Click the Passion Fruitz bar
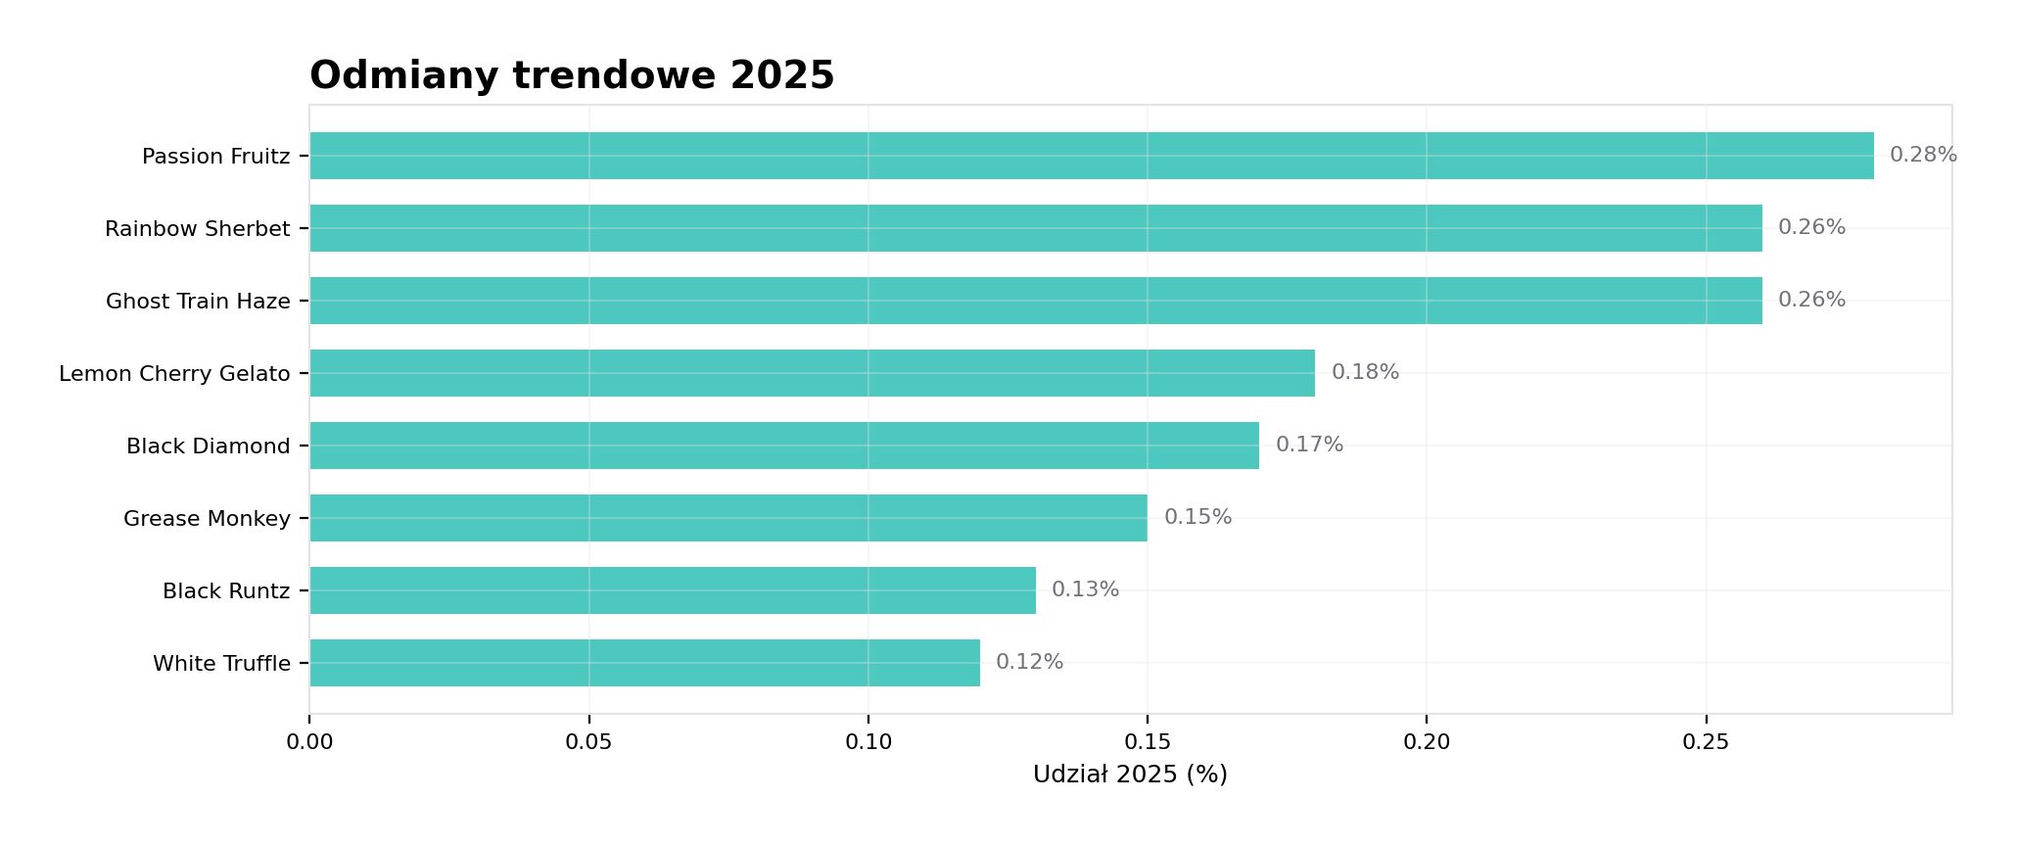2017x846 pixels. tap(1092, 156)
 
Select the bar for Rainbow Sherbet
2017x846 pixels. tap(1036, 228)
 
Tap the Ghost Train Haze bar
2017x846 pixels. tap(1036, 301)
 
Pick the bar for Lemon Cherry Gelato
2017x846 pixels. tap(813, 373)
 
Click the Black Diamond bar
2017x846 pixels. tap(784, 446)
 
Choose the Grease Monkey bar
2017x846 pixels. tap(728, 518)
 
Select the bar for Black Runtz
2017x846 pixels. tap(673, 590)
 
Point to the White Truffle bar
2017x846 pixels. tap(644, 663)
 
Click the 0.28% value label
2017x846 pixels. tap(1923, 155)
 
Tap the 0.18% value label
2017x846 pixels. tap(1365, 372)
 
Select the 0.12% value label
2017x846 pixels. tap(1029, 662)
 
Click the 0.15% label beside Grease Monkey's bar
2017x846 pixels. tap(1197, 517)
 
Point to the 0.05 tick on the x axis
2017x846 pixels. tap(588, 742)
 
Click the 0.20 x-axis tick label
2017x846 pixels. tap(1427, 742)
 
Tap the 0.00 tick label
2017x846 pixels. tap(309, 742)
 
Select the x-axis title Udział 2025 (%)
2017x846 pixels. tap(1130, 775)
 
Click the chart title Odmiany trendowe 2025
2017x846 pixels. tap(572, 75)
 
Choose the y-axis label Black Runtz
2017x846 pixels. tap(226, 591)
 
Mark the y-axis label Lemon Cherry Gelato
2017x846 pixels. tap(174, 374)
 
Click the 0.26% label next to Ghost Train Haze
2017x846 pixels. tap(1811, 300)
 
